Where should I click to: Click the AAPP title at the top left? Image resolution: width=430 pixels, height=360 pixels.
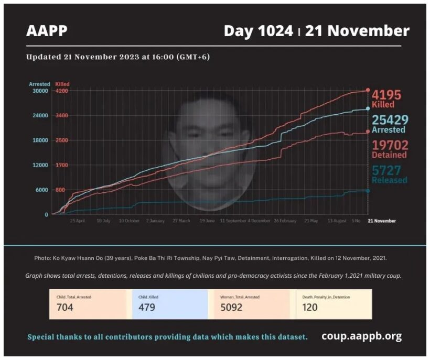[x=47, y=31]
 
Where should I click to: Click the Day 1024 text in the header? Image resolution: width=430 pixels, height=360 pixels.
[x=258, y=31]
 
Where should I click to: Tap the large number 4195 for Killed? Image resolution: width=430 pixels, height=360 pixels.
[x=386, y=95]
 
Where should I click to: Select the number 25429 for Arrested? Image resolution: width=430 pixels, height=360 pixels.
[x=389, y=120]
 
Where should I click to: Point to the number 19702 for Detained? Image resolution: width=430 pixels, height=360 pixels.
[x=390, y=145]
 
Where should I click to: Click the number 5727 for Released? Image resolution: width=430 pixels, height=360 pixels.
[x=386, y=170]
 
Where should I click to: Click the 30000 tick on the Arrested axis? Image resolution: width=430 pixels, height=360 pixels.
[x=39, y=91]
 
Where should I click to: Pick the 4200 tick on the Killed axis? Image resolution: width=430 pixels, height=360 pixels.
[x=62, y=91]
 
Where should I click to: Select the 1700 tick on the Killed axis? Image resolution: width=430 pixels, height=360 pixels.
[x=62, y=165]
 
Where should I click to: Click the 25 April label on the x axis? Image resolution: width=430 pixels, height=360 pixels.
[x=78, y=221]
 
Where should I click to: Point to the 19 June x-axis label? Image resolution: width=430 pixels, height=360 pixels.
[x=207, y=221]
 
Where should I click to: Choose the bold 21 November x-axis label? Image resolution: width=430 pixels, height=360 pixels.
[x=381, y=221]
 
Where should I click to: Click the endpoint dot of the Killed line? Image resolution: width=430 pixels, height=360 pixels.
[x=368, y=90]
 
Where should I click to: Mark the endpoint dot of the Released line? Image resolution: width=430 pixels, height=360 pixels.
[x=368, y=191]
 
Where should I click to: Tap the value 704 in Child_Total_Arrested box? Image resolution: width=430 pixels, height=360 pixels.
[x=65, y=308]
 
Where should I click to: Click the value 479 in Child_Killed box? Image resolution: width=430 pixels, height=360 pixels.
[x=147, y=308]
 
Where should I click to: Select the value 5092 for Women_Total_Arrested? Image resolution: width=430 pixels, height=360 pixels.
[x=231, y=308]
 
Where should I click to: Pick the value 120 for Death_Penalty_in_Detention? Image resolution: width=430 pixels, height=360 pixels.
[x=310, y=308]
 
